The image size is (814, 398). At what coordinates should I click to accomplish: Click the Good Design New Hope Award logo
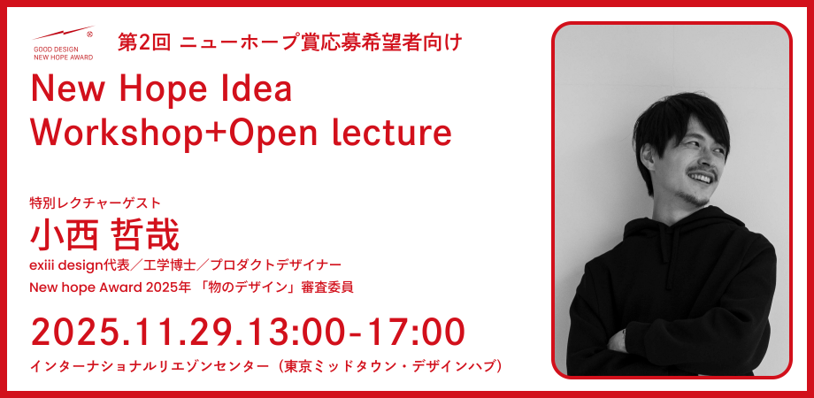click(63, 43)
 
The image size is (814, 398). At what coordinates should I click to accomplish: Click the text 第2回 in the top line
click(144, 42)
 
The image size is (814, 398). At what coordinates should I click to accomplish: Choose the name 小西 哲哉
click(104, 235)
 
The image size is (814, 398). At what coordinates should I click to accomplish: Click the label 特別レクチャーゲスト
click(96, 203)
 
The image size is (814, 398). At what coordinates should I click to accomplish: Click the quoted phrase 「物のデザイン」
click(255, 287)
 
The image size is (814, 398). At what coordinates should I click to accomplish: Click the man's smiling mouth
click(701, 178)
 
